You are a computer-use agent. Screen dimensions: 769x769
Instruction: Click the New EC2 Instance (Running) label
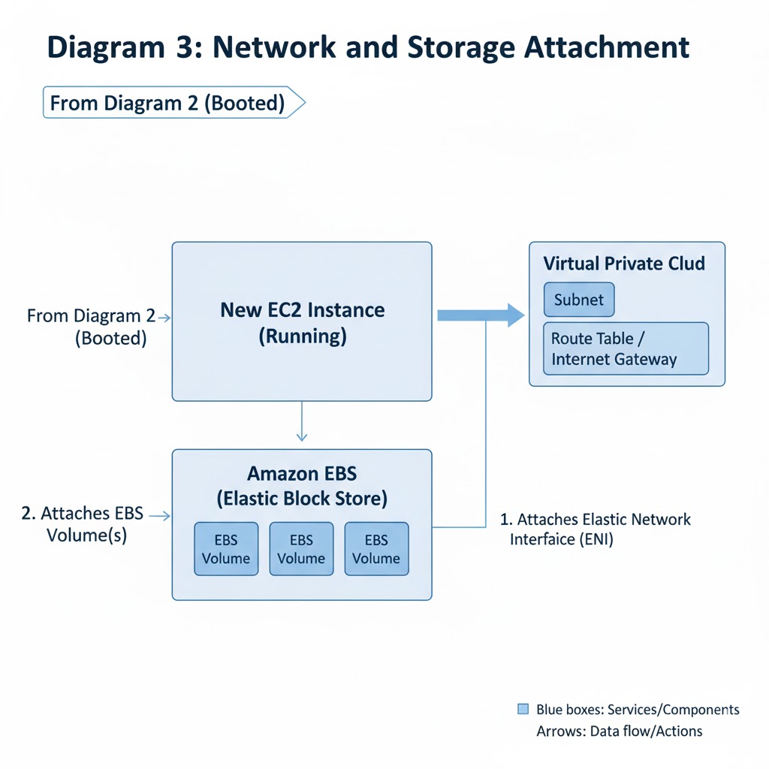tap(302, 323)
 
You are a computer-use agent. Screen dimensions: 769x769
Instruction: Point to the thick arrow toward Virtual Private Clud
tap(481, 315)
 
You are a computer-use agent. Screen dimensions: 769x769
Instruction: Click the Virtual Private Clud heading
tap(623, 264)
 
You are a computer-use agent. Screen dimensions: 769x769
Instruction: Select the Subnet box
tap(578, 300)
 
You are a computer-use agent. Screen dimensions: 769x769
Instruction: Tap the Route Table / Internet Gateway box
tap(626, 348)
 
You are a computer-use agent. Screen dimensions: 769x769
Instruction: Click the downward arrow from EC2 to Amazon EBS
tap(301, 424)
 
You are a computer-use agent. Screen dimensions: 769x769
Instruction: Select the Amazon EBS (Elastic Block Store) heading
tap(302, 486)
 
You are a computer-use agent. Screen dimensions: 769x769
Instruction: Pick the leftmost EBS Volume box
tap(226, 549)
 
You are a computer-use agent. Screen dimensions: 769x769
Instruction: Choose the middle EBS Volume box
tap(301, 549)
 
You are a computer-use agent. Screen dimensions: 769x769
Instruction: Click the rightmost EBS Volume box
tap(376, 549)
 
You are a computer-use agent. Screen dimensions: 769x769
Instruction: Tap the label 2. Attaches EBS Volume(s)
tap(81, 525)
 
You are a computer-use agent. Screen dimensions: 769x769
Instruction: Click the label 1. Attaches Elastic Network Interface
tap(595, 529)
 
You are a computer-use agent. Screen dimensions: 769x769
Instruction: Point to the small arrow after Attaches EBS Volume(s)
tap(158, 516)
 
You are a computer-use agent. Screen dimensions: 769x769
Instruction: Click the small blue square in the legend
tap(523, 709)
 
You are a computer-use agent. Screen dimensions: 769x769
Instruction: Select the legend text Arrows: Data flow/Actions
tap(619, 731)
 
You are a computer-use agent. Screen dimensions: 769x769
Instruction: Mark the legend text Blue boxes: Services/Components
tap(637, 710)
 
